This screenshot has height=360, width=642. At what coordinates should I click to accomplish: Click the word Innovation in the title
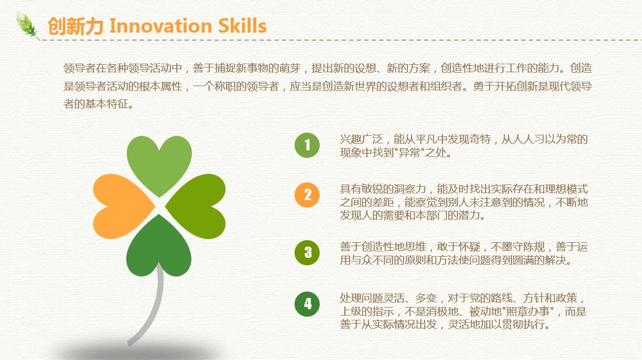coord(160,26)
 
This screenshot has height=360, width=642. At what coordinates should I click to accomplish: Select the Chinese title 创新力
coord(75,26)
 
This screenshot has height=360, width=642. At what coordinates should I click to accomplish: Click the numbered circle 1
coord(307,145)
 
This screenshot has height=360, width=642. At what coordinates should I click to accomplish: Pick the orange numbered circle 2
coord(307,195)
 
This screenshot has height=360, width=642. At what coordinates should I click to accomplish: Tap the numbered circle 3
coord(307,252)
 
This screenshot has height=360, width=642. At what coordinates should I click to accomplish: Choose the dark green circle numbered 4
coord(307,304)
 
